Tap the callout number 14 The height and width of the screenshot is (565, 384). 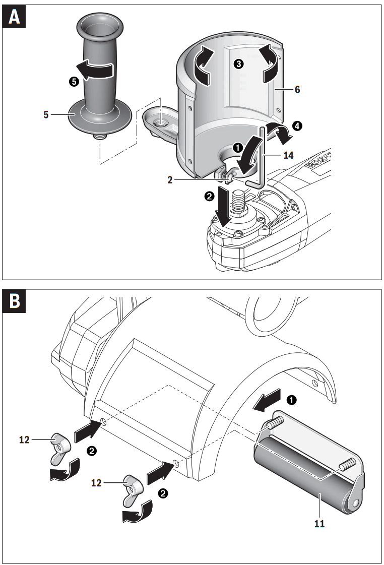[288, 156]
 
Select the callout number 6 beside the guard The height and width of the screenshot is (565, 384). [297, 89]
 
